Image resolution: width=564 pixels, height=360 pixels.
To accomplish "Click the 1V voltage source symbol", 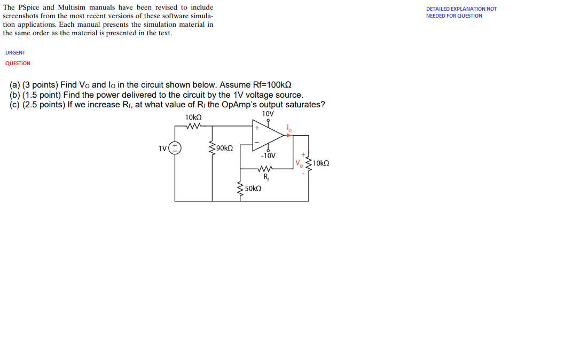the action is click(x=175, y=148).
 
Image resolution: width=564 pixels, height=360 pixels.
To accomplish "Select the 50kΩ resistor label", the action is click(x=253, y=189).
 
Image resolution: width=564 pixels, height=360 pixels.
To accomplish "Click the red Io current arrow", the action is click(x=288, y=135).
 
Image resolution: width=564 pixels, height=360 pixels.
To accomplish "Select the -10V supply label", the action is click(x=268, y=156).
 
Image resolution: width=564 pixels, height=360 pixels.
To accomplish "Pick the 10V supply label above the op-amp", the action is click(x=268, y=114).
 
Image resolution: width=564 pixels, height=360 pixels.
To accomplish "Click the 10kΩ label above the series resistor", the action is click(x=193, y=118).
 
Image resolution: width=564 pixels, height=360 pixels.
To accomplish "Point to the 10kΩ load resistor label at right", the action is click(x=320, y=163).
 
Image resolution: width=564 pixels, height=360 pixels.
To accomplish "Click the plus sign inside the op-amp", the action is click(x=257, y=128).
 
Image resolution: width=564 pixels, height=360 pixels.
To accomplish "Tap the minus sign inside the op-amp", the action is click(x=257, y=142).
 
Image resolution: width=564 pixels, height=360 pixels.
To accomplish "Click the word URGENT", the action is click(x=15, y=53).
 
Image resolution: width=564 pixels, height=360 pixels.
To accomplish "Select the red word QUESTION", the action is click(x=18, y=64).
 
